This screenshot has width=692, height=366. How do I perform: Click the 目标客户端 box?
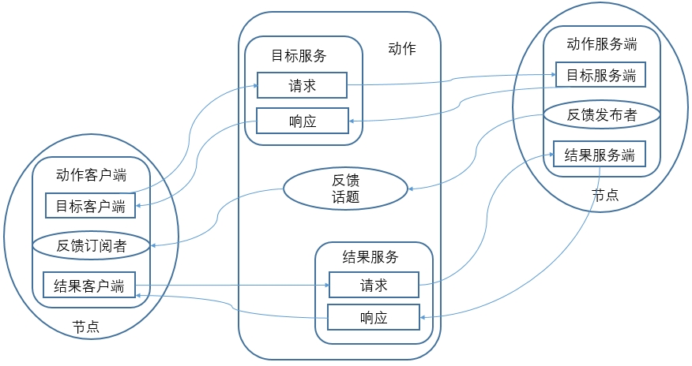tap(90, 207)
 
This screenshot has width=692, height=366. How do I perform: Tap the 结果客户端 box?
tap(90, 285)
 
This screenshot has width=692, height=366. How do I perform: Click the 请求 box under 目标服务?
tap(302, 85)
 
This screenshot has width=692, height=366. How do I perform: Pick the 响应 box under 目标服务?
tap(302, 121)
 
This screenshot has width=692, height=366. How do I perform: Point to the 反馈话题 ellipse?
tap(346, 189)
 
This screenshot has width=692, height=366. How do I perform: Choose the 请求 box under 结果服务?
tap(373, 284)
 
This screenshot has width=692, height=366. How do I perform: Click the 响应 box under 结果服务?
tap(373, 318)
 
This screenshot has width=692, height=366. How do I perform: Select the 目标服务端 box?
tap(601, 76)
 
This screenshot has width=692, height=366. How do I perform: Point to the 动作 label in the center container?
tap(402, 49)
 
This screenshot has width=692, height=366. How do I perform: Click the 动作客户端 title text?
tap(92, 174)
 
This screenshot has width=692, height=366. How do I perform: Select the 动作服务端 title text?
tap(602, 44)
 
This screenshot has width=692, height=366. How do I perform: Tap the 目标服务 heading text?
tap(299, 56)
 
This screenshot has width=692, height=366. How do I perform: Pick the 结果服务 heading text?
tap(370, 256)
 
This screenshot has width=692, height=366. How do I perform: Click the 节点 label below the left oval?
tap(85, 327)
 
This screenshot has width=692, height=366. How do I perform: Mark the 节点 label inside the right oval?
tap(605, 194)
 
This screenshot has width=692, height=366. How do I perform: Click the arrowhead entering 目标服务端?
tap(551, 76)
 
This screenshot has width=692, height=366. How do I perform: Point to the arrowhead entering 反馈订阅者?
tap(154, 245)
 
